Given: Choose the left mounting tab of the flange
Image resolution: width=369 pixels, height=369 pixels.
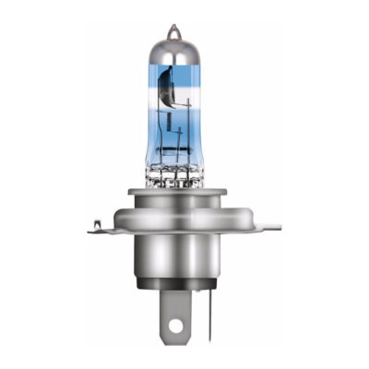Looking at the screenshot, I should pyautogui.click(x=103, y=227).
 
